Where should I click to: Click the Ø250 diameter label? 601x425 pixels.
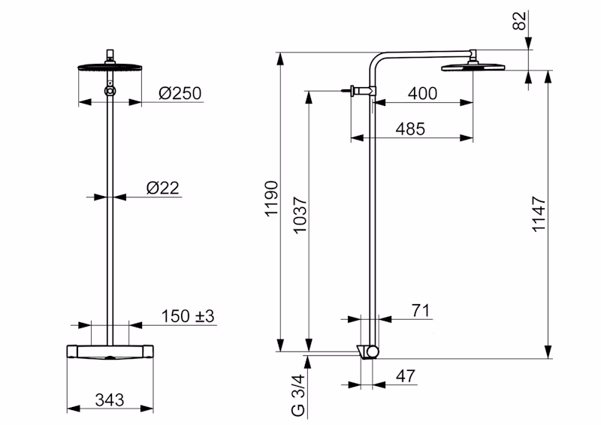coord(180,94)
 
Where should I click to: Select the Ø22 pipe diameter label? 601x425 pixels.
coord(163,188)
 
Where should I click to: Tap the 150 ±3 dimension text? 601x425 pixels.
coord(187,317)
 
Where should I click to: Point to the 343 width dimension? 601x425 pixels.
coord(110,400)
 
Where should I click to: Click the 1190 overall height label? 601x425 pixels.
coord(271,199)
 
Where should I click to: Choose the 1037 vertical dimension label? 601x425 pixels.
coord(300,215)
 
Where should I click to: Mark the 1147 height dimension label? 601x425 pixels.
coord(539,214)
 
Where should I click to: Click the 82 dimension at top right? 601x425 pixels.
coord(519,21)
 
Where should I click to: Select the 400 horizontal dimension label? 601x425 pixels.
coord(422,94)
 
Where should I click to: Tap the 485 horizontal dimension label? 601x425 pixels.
coord(410,129)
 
